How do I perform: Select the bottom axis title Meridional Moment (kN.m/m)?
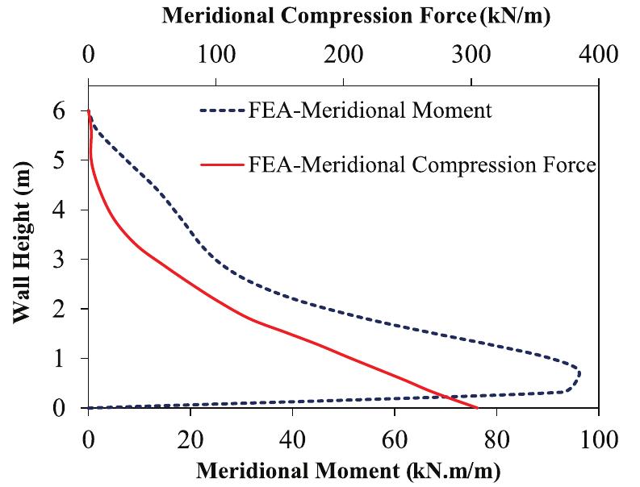[348, 470]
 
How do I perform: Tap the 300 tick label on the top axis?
[471, 54]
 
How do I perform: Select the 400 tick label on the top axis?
[598, 54]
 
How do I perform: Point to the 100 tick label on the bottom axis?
[598, 440]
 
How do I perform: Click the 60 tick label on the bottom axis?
[395, 440]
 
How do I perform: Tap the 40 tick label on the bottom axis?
[292, 440]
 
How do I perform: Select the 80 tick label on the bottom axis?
[496, 440]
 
